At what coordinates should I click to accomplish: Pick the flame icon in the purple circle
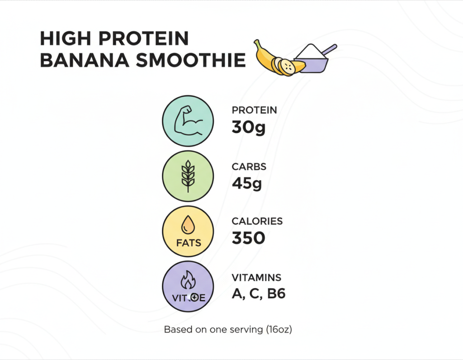coord(187,281)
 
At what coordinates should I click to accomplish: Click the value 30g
coord(248,128)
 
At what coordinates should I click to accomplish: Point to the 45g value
coord(247,183)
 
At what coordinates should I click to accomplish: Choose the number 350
coord(248,238)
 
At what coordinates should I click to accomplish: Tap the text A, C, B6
coord(259,294)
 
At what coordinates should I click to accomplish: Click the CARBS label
coord(249,167)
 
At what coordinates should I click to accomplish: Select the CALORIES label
coord(257,222)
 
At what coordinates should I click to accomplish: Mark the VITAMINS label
coord(256,278)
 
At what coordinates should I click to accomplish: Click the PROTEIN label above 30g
coord(254,110)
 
